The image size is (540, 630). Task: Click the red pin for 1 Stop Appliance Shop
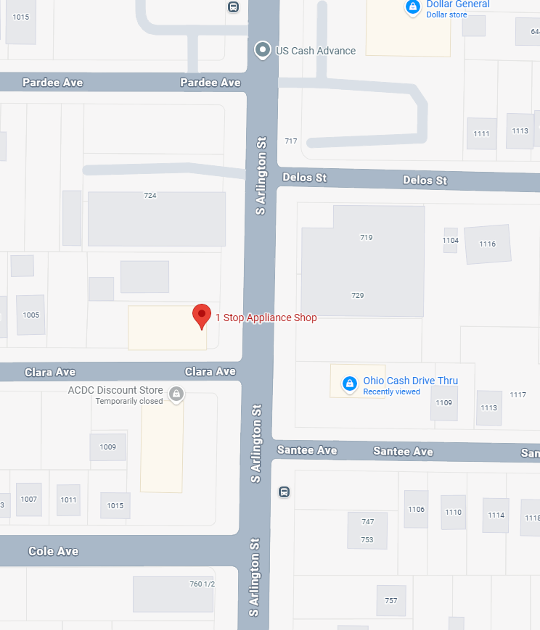202,316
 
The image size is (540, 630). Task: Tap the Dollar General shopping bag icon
412,7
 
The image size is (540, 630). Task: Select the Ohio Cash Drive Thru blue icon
349,382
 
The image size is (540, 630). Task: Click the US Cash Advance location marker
261,50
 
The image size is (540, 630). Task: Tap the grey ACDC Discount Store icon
176,394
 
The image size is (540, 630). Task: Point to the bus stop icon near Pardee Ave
233,7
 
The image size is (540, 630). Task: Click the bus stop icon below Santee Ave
284,492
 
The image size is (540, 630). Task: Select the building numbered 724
156,218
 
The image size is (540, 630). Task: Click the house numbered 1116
487,244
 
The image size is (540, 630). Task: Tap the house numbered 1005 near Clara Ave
30,315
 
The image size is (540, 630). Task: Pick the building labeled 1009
108,447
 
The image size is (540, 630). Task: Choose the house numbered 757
390,600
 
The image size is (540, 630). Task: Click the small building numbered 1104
451,240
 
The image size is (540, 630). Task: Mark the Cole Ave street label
53,551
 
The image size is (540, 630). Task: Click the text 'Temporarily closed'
129,401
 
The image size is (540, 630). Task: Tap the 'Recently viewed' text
391,391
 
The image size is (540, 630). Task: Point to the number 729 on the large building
357,295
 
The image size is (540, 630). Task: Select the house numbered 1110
453,512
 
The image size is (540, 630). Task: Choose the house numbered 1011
69,500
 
